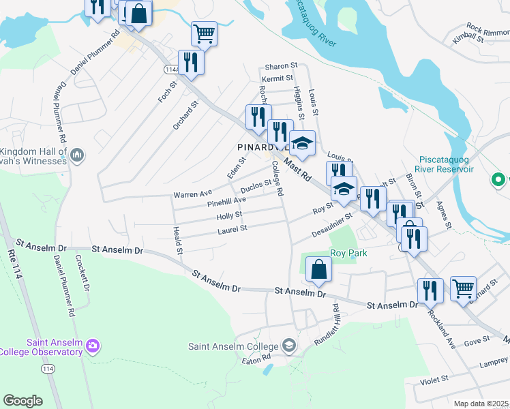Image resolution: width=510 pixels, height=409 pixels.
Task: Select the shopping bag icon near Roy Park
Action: pyautogui.click(x=318, y=269)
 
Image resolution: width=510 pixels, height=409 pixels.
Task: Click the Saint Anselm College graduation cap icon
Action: pyautogui.click(x=289, y=346)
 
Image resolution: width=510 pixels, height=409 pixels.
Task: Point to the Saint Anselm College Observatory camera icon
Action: pyautogui.click(x=93, y=347)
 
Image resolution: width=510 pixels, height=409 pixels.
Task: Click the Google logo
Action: pyautogui.click(x=22, y=401)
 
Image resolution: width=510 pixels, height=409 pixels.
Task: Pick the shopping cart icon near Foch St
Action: pyautogui.click(x=204, y=33)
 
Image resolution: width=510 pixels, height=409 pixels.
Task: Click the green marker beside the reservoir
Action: pyautogui.click(x=499, y=180)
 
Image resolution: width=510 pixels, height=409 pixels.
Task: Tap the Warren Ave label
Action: pyautogui.click(x=193, y=194)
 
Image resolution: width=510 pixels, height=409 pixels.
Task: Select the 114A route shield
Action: pyautogui.click(x=171, y=69)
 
